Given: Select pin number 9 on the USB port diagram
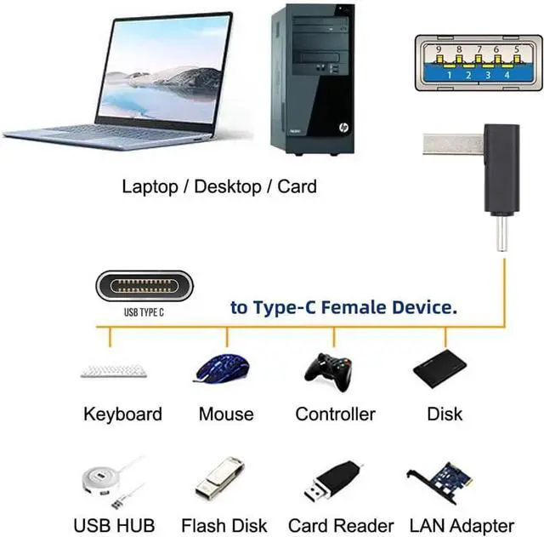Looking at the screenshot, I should point(439,49).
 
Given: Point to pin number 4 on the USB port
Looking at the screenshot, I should point(507,74).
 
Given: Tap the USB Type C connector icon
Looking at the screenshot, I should point(144,285).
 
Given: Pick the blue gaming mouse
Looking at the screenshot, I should point(224,368).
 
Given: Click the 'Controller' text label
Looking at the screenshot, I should point(335,414).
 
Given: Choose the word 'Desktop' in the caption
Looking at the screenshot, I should point(229,186).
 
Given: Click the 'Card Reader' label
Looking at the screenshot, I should point(341,525).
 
